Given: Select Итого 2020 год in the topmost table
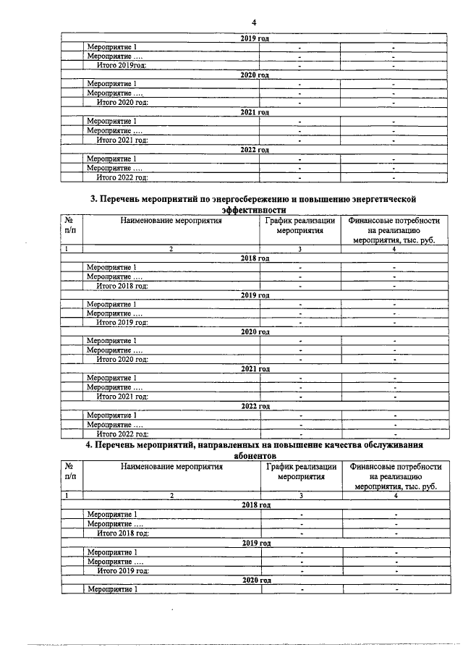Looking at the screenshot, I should [x=122, y=102].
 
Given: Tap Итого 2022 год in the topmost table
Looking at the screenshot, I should [x=122, y=177].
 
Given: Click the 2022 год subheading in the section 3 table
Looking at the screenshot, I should [x=255, y=406].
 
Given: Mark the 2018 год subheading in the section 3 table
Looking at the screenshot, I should [x=255, y=258].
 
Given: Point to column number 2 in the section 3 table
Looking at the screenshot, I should [x=171, y=249].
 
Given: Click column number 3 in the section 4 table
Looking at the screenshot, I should [x=301, y=496].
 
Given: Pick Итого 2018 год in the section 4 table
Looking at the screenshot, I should [x=122, y=533].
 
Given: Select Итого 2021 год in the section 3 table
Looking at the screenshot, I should [x=122, y=396].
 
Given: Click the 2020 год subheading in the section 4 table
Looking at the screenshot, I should [x=255, y=580].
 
